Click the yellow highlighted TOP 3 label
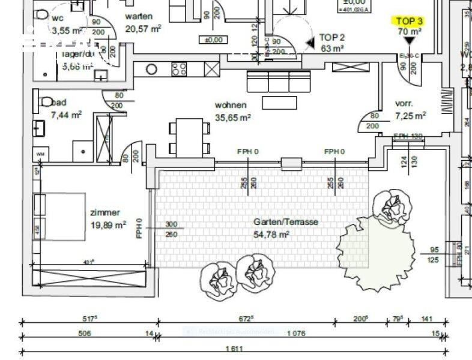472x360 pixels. [x=410, y=20]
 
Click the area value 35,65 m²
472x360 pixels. [x=232, y=118]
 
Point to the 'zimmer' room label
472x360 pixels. [x=105, y=212]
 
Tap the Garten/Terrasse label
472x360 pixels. [x=285, y=222]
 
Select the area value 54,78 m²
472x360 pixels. [x=272, y=234]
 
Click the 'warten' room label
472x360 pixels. [x=138, y=16]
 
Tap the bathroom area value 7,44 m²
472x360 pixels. [x=66, y=113]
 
